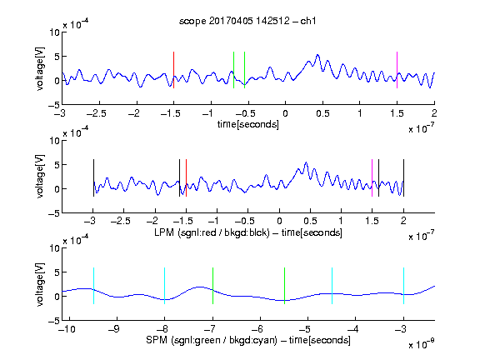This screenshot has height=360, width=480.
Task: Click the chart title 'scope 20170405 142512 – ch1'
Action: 247,21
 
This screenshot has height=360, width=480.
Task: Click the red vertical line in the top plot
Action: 173,70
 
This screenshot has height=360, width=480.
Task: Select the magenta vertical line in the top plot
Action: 397,70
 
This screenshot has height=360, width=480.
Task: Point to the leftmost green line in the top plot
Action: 233,70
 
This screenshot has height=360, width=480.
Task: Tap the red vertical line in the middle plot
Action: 186,177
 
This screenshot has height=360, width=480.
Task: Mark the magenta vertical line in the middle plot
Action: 372,177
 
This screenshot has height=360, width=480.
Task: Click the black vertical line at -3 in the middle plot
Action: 93,177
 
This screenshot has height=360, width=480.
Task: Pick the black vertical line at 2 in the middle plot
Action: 404,177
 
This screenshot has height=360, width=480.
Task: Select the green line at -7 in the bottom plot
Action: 212,286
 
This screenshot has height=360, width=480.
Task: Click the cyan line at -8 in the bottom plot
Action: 165,286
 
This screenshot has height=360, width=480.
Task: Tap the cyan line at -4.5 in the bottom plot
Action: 332,286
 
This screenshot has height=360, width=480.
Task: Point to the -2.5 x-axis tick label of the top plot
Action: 97,113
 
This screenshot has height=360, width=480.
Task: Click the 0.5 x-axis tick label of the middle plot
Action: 310,221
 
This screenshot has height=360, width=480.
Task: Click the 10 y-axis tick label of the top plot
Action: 54,32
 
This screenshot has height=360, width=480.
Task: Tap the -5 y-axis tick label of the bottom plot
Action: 54,321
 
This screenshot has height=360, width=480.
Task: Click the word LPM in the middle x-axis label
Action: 164,232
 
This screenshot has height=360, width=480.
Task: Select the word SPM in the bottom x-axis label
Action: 157,340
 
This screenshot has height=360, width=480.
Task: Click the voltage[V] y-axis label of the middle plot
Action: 40,177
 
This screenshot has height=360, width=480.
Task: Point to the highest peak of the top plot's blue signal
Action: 317,55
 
